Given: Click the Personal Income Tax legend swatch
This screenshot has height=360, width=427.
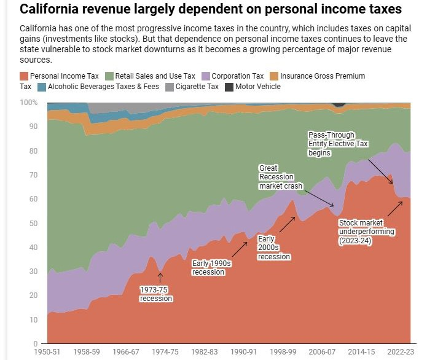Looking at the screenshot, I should [x=24, y=76].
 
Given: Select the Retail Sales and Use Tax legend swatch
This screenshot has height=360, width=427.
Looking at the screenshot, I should [x=110, y=76].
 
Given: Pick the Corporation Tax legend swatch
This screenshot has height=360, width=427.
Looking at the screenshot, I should [x=206, y=76].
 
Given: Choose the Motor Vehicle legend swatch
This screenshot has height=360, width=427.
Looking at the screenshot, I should [x=229, y=87].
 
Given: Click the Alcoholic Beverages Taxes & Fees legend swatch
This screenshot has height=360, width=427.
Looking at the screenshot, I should [x=42, y=87].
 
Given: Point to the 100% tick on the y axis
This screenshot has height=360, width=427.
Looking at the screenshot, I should [x=29, y=103].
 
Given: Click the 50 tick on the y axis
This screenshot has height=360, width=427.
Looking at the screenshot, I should [x=33, y=223].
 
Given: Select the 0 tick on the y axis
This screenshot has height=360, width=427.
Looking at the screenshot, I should [x=36, y=344].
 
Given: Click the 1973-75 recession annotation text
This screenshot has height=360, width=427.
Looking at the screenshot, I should [x=156, y=294].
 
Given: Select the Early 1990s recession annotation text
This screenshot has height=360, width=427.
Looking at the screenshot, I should [x=211, y=267].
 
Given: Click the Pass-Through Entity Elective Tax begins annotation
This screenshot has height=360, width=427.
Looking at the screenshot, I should [x=337, y=144].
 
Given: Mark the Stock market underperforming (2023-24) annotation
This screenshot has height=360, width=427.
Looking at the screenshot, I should [x=367, y=232].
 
